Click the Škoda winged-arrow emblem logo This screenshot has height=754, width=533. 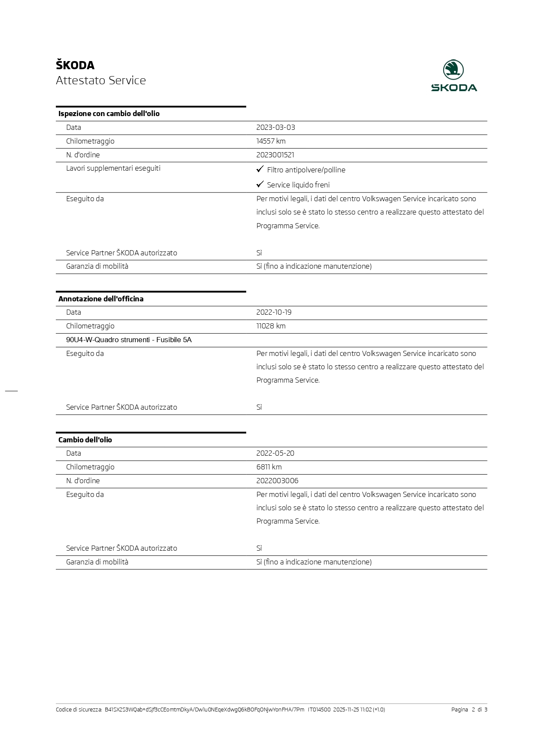coord(453,70)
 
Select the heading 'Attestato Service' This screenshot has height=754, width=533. coord(101,80)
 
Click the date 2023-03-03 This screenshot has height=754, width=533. coord(275,127)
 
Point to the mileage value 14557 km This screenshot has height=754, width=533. coord(271,141)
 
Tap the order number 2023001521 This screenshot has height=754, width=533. coord(275,155)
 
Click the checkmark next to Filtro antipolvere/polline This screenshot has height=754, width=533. coord(260,169)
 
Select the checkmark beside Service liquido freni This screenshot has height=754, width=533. coord(260,184)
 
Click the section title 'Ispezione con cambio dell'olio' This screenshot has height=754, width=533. coord(109,113)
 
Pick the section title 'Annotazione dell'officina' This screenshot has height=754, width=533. coord(101,299)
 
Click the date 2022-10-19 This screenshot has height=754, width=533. coord(274,312)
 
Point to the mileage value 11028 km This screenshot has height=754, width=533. coord(271,326)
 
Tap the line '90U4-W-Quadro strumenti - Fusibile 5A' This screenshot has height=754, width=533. coord(129,340)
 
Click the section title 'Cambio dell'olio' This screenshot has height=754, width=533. coord(85,440)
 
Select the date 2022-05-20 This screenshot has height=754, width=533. coord(275,453)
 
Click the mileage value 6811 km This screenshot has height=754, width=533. coord(269,467)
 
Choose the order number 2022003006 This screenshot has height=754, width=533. coord(277,481)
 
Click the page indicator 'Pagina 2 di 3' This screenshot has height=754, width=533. coord(469,709)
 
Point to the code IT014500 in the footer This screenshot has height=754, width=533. coord(319,709)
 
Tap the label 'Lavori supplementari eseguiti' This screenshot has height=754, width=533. coord(113,168)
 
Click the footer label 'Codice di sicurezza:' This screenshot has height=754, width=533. coord(79,709)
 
